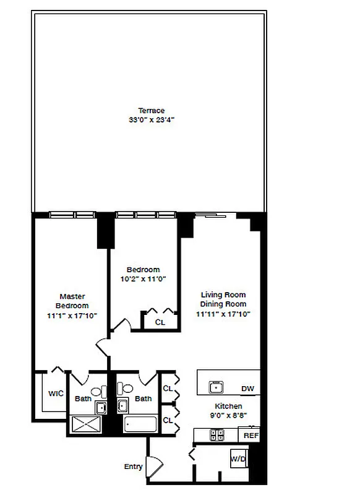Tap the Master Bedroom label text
coord(72,301)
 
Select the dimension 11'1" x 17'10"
coord(72,316)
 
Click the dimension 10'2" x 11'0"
coord(143,279)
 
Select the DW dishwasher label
coord(247,389)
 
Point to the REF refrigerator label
coord(250,436)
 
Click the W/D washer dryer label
coord(238,459)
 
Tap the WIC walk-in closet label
coord(56,394)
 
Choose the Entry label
coord(133,467)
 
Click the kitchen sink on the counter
coord(216,388)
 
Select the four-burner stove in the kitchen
coord(217,436)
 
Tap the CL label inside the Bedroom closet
coord(160,322)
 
